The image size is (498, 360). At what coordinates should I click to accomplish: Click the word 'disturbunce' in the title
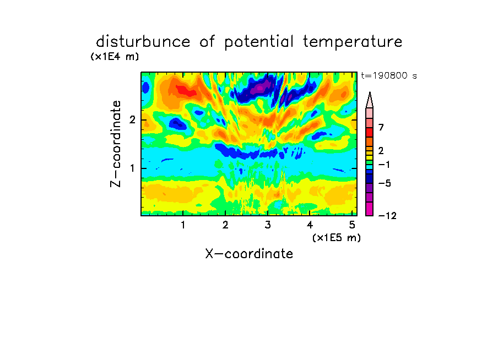pos(143,42)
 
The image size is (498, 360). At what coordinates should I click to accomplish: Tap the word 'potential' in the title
pos(258,42)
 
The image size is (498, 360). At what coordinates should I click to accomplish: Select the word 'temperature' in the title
pos(353,42)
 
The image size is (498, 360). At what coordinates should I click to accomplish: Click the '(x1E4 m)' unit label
pos(115,57)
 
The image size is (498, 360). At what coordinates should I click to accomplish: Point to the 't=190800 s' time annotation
pos(389,75)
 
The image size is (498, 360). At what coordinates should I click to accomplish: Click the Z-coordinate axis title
pos(116,144)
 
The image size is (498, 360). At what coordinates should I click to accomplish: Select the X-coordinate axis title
pos(249,254)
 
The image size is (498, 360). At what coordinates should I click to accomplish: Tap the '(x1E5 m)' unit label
pos(337,238)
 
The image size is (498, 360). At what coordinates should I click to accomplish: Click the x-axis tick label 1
pos(183,225)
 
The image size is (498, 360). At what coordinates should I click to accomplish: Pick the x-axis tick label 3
pos(268,225)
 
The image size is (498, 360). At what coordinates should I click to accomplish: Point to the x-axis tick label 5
pos(352,225)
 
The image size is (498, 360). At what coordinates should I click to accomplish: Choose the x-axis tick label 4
pos(310,225)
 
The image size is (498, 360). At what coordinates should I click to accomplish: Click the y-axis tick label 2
pos(132,120)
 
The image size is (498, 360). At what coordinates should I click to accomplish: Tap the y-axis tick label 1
pos(132,168)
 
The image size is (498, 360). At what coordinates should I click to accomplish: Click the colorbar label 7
pos(381,128)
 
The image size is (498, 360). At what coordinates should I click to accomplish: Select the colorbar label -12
pos(387,216)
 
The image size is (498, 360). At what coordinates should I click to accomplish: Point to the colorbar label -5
pos(385,183)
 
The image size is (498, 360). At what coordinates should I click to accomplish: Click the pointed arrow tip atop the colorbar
pos(370,92)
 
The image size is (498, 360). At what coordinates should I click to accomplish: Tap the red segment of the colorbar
pos(370,132)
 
